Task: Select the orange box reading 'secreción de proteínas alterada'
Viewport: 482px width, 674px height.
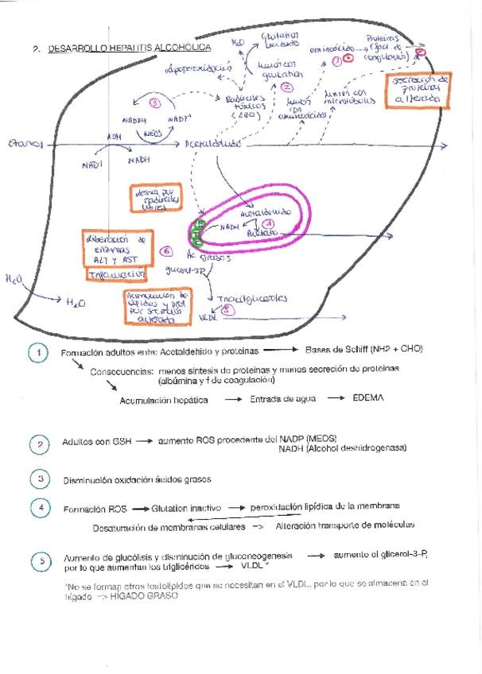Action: pos(416,95)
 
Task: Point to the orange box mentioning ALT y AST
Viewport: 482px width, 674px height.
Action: pos(115,248)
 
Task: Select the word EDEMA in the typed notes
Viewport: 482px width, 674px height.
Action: pos(368,398)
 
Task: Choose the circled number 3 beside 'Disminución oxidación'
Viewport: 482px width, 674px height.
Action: pos(37,478)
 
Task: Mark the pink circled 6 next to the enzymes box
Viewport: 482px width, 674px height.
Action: pos(166,251)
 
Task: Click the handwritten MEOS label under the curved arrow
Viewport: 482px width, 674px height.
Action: pos(154,134)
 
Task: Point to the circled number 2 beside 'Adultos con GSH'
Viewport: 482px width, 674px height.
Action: pos(37,445)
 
